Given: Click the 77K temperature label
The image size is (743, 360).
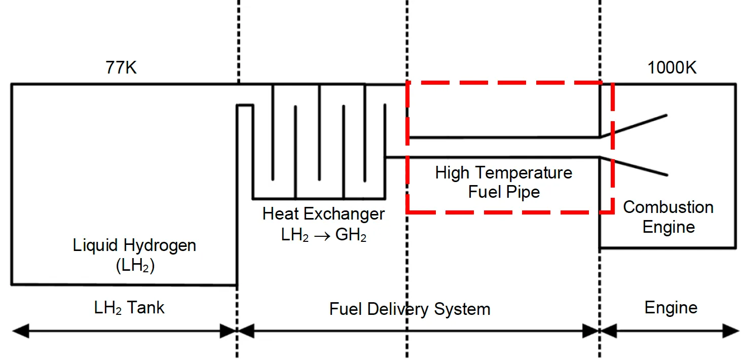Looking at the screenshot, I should (x=121, y=68).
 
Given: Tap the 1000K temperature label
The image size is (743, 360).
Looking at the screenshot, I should (x=672, y=68).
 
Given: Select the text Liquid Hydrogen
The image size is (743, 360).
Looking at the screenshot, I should (x=134, y=246).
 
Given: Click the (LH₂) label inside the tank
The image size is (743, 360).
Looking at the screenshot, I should (x=134, y=266).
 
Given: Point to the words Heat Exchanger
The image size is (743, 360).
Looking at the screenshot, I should (x=323, y=214).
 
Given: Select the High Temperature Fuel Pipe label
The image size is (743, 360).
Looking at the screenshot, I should (x=503, y=183).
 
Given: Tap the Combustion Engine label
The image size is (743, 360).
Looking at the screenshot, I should (x=668, y=217).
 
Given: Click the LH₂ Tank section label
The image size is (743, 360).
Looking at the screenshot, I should (x=129, y=308).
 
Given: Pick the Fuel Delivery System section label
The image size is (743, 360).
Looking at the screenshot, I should (x=410, y=309).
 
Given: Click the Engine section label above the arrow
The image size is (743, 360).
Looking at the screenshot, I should (x=671, y=308).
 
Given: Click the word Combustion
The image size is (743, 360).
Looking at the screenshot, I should (x=668, y=207).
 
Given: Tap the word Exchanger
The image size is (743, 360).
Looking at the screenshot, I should (x=350, y=214).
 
